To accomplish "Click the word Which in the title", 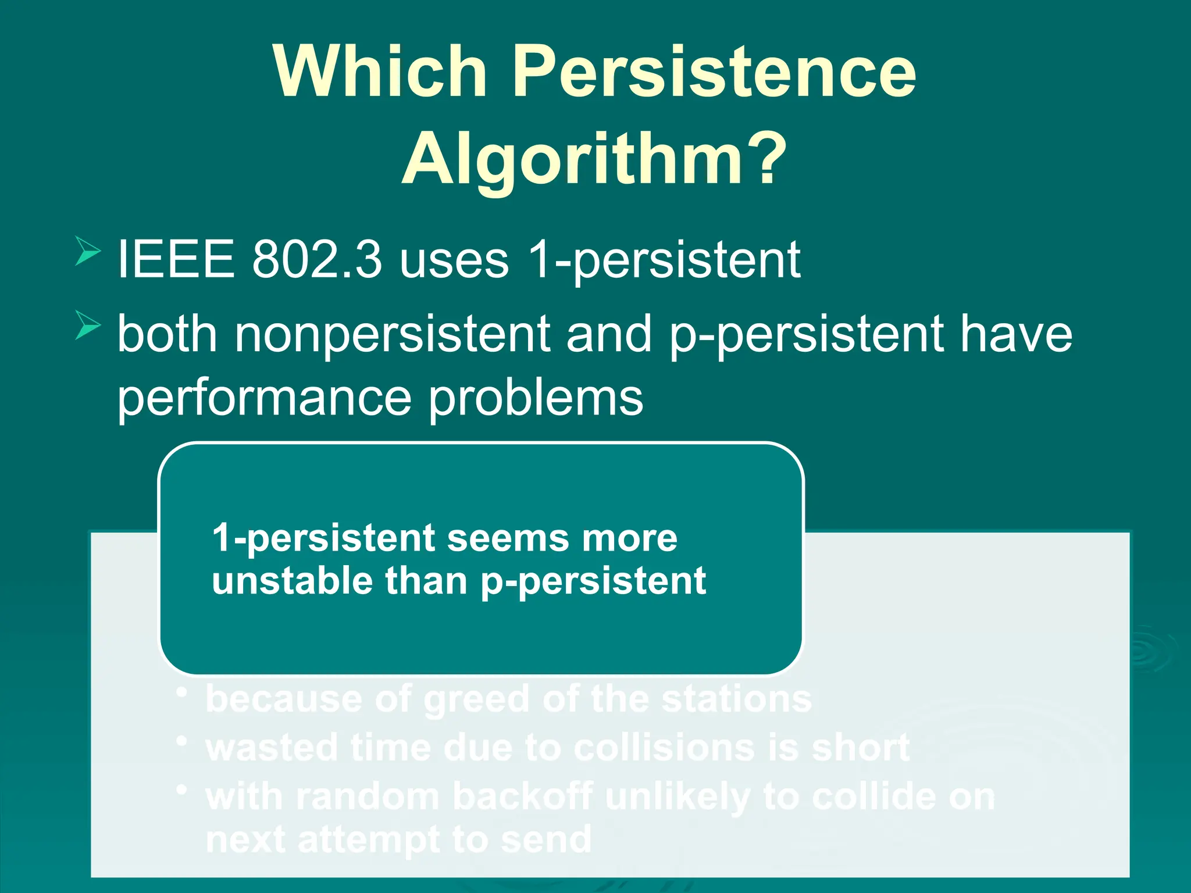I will click(x=380, y=72).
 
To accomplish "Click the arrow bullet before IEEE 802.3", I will click(x=88, y=251).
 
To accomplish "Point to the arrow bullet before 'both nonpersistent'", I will click(x=88, y=326).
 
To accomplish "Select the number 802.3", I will click(x=317, y=259).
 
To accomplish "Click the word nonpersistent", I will click(x=393, y=334).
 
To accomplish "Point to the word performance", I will click(x=265, y=399).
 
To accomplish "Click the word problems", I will click(x=536, y=399).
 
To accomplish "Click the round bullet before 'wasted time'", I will click(x=183, y=742).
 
